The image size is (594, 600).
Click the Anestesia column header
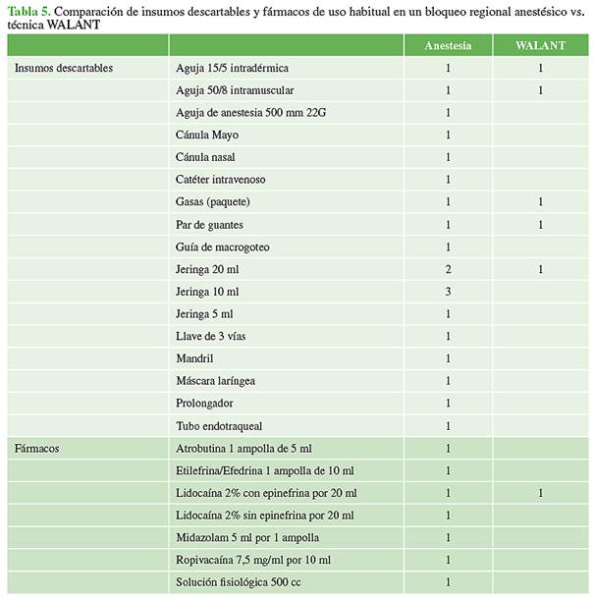(447, 46)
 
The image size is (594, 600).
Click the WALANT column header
(540, 46)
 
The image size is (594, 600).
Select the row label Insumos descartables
(64, 69)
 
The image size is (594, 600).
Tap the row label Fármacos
(37, 448)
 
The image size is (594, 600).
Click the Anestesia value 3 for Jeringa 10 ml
(448, 292)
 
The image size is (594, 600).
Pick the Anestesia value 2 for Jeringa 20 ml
(448, 269)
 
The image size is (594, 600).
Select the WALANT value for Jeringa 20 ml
(540, 269)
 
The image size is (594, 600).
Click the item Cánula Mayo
(207, 135)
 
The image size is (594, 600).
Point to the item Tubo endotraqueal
(219, 426)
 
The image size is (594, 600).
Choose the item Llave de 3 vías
(212, 336)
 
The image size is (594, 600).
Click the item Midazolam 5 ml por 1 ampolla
(247, 537)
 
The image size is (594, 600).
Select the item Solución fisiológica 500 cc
(243, 582)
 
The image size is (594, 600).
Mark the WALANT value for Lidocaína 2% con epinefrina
(540, 493)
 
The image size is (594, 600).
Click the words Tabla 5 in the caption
(29, 10)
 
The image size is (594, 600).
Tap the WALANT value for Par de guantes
(540, 225)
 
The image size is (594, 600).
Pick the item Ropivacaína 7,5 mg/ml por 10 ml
(253, 560)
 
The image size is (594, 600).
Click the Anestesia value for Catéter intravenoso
(448, 180)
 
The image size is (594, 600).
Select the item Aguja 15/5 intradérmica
(233, 69)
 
